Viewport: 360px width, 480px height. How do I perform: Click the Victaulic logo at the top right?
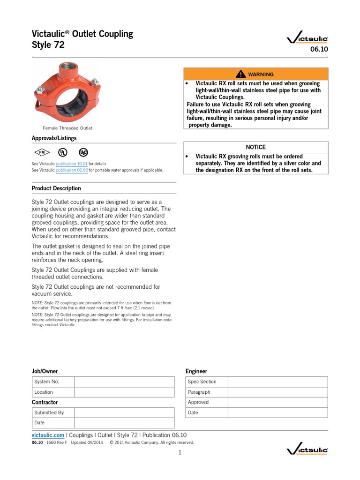coord(307,40)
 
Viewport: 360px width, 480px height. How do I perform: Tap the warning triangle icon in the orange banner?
coord(241,74)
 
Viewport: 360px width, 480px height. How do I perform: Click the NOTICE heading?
coord(255,147)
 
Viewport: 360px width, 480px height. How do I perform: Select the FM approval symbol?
coord(41,152)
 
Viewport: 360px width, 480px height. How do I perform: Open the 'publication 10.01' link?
coord(72,164)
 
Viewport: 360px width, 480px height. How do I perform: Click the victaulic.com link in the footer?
coord(48,435)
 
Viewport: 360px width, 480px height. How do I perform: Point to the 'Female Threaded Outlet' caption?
coord(67,128)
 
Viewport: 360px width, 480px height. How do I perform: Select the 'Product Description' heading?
coord(56,188)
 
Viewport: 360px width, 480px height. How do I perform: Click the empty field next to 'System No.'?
coord(124,382)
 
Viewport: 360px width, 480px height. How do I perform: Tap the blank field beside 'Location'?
coord(124,392)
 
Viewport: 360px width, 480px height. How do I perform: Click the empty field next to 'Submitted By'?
coord(124,412)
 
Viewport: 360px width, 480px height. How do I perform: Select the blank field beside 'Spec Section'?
coord(277,382)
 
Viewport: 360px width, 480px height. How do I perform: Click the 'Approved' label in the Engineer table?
coord(199,402)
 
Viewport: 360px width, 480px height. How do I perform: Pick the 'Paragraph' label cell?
coord(199,392)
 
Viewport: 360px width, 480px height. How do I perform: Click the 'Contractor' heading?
coord(45,402)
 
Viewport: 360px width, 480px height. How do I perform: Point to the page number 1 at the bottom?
coord(180,452)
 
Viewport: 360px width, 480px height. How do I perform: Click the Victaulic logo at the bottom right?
coord(307,450)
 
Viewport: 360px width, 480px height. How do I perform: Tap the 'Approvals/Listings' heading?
coord(54,138)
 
